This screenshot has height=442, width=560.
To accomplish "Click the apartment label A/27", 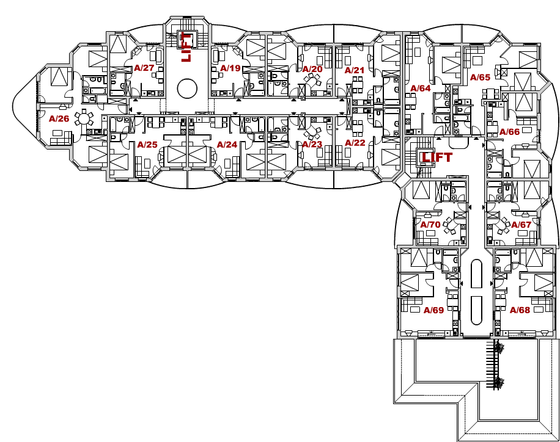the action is click(144, 68).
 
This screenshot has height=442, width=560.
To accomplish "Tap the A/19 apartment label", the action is click(230, 68).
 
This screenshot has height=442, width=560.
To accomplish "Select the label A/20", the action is click(312, 69).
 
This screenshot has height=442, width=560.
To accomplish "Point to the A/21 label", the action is click(355, 70).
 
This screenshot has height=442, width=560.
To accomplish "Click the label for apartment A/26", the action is click(59, 118).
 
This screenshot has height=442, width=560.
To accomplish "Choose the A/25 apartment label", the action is click(147, 145).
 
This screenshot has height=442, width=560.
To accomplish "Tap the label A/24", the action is click(227, 145).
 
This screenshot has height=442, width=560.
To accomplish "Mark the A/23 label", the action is click(312, 144).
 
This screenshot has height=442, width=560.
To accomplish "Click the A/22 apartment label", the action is click(355, 143).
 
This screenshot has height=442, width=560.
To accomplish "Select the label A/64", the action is click(421, 88).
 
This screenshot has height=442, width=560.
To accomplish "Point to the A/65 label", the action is click(480, 77).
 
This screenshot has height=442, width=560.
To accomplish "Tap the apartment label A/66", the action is click(510, 132).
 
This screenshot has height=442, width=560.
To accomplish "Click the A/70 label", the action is click(430, 225).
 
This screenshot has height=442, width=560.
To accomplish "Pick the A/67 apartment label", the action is click(521, 225).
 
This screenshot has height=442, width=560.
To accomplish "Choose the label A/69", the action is click(433, 310).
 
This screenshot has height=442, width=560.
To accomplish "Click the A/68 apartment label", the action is click(520, 310).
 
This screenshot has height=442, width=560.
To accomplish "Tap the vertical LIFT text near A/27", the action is click(186, 47).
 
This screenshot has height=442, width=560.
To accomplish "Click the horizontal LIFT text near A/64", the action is click(437, 157).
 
